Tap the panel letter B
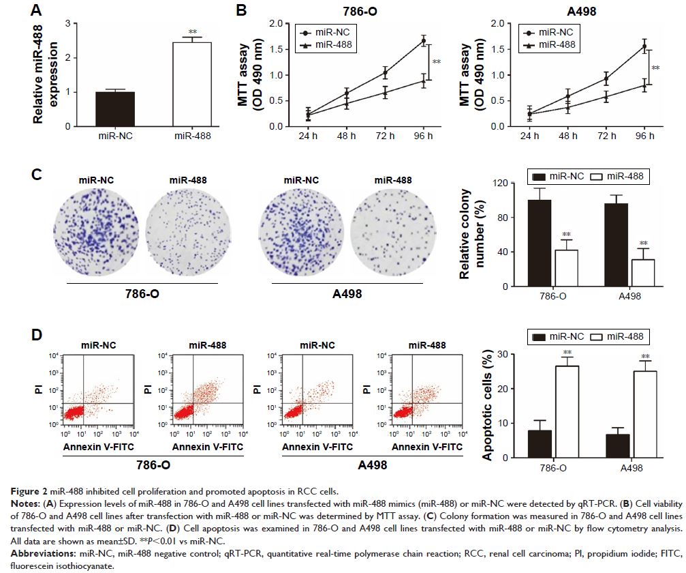coord(240,11)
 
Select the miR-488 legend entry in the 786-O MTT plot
coord(329,45)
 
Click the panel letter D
coord(40,337)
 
